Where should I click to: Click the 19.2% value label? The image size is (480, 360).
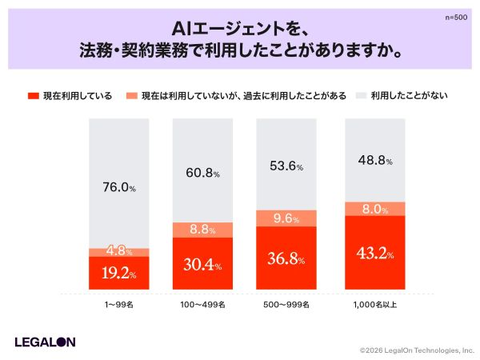point(118,274)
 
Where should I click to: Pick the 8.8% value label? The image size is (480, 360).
point(202,230)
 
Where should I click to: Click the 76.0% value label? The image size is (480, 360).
point(118,188)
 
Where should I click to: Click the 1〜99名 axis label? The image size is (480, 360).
point(118,306)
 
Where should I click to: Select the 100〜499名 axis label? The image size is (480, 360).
point(202,306)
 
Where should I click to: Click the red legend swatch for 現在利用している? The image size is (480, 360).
point(34,96)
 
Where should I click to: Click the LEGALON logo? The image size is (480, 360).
point(45,342)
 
